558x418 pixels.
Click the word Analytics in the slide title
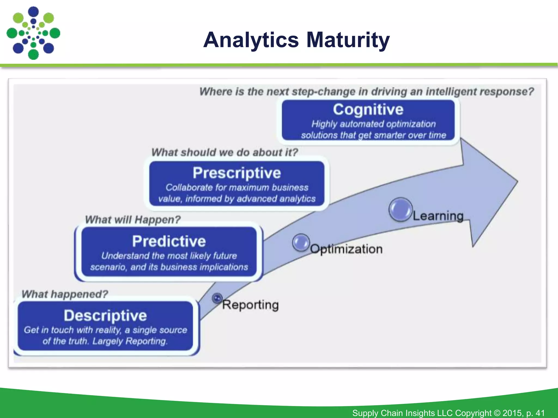tap(251, 40)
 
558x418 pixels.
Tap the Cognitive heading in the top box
tap(368, 109)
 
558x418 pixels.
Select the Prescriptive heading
tap(237, 173)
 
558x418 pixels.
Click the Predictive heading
tap(169, 241)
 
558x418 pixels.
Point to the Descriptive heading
tap(105, 315)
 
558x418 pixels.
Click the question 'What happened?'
tap(65, 294)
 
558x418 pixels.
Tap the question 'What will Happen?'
tap(133, 219)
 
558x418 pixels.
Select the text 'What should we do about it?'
tap(225, 152)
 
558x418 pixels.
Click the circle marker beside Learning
tap(400, 209)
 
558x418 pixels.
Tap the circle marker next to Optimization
tap(301, 242)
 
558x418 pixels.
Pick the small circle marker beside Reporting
tap(217, 298)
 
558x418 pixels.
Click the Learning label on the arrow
tap(438, 216)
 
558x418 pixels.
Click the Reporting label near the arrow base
tap(250, 305)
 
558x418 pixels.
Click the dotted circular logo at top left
tap(33, 33)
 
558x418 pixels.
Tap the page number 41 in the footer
tap(540, 413)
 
